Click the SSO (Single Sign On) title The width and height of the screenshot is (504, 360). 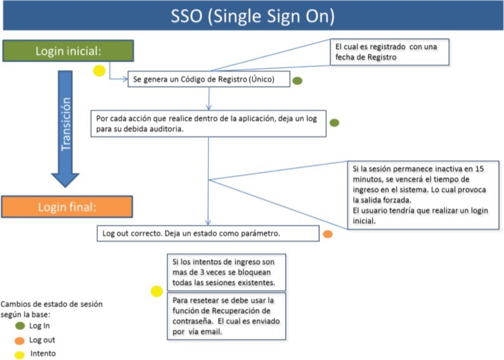tap(252, 16)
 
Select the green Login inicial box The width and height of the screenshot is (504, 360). tap(68, 51)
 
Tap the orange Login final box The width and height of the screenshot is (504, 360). tap(67, 207)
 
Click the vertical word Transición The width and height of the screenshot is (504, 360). tap(66, 124)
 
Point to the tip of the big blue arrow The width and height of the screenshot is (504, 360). tap(65, 187)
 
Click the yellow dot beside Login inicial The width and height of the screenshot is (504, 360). tap(100, 71)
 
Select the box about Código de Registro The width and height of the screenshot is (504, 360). tap(209, 79)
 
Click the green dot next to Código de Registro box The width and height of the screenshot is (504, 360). tap(298, 81)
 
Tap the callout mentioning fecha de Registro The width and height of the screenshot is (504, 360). tap(389, 52)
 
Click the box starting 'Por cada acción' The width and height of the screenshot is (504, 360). tap(208, 124)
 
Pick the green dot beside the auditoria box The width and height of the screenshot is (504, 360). tap(334, 122)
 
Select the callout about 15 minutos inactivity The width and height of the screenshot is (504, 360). tap(423, 195)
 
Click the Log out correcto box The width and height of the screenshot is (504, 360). tap(208, 233)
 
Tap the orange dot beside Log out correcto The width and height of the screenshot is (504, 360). tap(328, 234)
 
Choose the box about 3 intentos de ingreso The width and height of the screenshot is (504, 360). tap(226, 273)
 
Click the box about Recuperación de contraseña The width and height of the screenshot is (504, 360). tap(226, 316)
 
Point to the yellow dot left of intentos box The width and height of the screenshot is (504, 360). tap(156, 291)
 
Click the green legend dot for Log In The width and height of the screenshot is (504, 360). tap(20, 326)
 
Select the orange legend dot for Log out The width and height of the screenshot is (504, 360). tap(19, 341)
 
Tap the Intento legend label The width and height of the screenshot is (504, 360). tap(43, 353)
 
